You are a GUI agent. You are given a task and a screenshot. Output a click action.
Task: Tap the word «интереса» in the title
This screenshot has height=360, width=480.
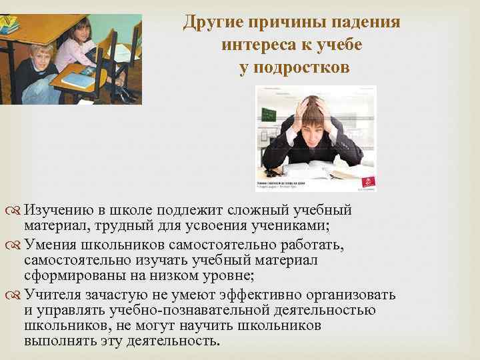coord(254,45)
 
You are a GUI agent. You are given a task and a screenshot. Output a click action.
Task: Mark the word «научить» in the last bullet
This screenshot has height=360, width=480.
coord(206,325)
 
